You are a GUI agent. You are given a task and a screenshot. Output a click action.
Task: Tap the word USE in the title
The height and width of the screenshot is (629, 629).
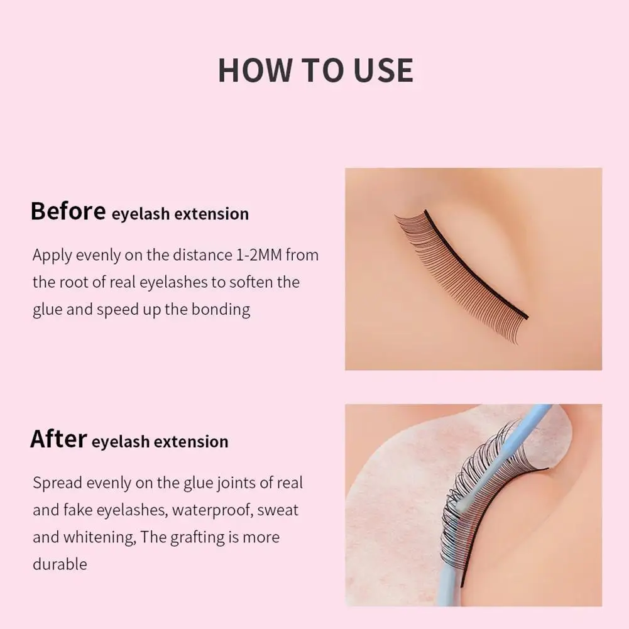[383, 70]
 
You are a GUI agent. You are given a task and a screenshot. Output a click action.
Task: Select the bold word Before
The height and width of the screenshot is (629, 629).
[68, 211]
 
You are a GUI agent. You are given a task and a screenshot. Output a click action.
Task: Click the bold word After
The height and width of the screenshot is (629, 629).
[58, 439]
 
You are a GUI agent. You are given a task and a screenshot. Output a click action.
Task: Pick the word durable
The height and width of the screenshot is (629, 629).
[60, 564]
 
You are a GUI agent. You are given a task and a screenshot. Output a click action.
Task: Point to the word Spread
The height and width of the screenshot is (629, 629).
[57, 483]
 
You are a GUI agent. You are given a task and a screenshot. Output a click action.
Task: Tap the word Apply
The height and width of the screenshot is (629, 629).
[52, 256]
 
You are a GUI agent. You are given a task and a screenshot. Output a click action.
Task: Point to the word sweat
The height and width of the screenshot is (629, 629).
[278, 510]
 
